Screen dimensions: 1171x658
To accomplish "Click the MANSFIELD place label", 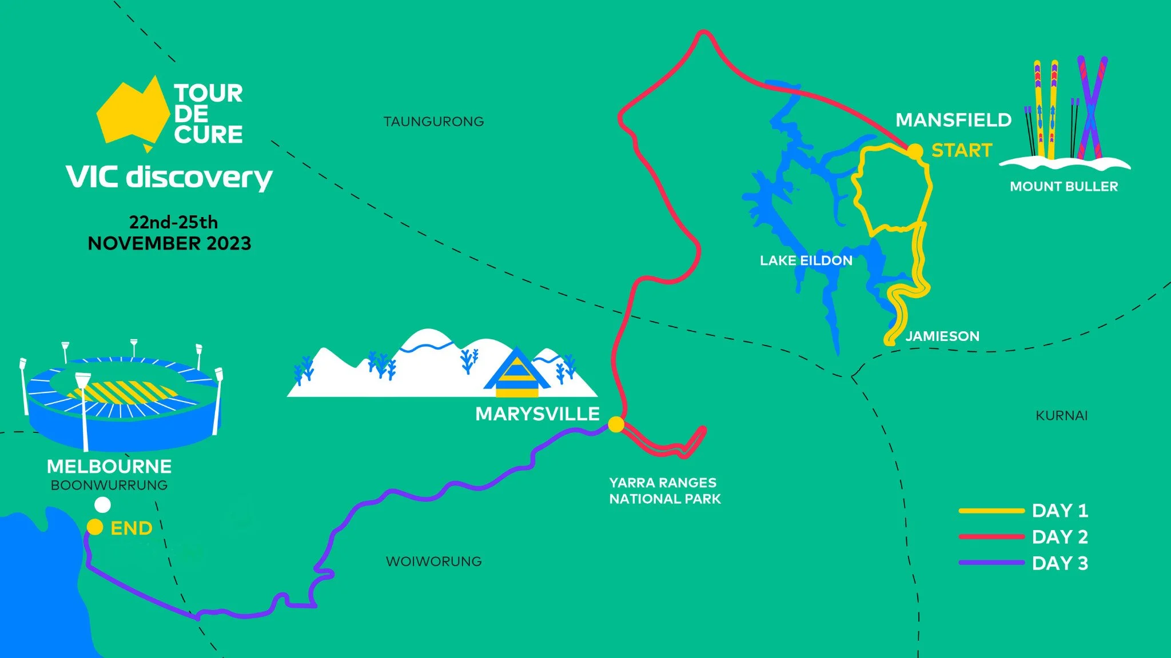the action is click(953, 120).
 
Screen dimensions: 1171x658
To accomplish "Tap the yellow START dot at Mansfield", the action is click(915, 151).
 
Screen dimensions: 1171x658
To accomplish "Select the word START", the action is click(962, 150).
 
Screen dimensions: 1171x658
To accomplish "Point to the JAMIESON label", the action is click(942, 336).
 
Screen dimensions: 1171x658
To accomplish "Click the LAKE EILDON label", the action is click(806, 260).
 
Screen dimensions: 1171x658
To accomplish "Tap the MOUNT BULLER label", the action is click(1064, 186).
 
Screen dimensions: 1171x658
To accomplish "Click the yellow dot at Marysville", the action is click(616, 424).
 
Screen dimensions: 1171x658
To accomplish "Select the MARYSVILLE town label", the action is click(537, 414).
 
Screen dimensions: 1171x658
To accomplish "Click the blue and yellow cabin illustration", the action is click(517, 374).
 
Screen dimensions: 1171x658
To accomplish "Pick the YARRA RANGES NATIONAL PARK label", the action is click(664, 491).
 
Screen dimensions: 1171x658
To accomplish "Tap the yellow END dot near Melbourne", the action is click(95, 527).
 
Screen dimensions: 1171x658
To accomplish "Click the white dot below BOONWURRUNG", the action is click(102, 505).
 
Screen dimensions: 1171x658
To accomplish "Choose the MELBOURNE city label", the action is click(109, 467).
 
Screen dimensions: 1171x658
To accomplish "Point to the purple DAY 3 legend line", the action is click(991, 563).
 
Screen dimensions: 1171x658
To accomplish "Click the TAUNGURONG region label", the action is click(433, 122).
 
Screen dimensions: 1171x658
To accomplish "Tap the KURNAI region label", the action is click(1061, 416).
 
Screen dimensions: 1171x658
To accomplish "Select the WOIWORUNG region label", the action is click(433, 561).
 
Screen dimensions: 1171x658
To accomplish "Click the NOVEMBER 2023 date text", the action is click(169, 243).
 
